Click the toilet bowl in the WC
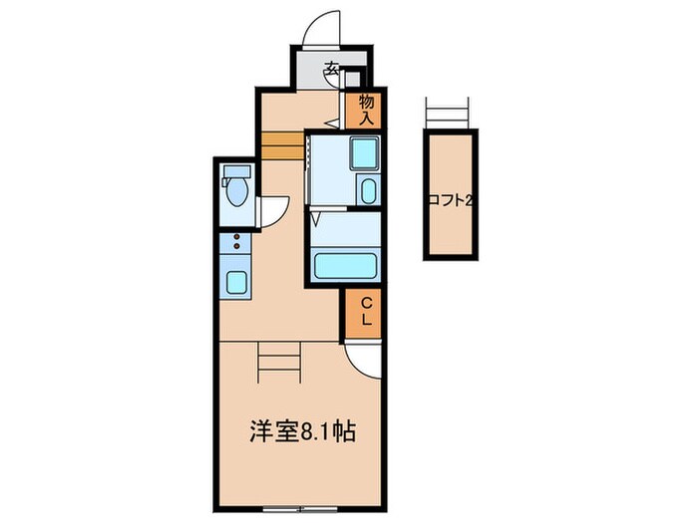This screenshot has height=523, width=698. (x=236, y=192)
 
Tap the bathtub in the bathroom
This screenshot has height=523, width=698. (x=346, y=266)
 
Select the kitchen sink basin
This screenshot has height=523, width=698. (x=237, y=281)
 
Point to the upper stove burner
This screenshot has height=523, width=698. (x=236, y=236)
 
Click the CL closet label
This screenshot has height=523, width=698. (x=366, y=312)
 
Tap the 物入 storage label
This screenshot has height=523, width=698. (x=366, y=109)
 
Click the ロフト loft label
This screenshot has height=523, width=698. (x=449, y=200)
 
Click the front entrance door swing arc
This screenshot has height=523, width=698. (x=321, y=27)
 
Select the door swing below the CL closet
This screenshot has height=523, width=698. (x=366, y=361)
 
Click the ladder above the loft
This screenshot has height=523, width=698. (x=446, y=113)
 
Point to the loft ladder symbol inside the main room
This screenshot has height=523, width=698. (x=279, y=361)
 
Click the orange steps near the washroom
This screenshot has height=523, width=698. (x=282, y=145)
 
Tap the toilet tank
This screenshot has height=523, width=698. (x=236, y=171)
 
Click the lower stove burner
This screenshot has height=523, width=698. (x=236, y=246)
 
